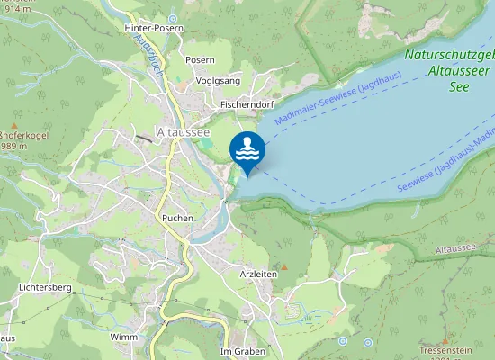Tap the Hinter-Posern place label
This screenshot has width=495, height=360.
[x=154, y=29]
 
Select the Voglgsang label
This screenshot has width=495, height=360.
[x=219, y=80]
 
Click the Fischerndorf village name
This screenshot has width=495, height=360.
[x=246, y=104]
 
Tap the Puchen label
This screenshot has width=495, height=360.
[x=177, y=218]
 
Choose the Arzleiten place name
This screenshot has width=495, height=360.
[x=258, y=273]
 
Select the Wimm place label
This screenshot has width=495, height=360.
[x=123, y=337]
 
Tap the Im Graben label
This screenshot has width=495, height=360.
[x=242, y=351]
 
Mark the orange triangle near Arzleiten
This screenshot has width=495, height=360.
[x=283, y=266]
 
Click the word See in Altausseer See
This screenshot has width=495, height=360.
[x=460, y=88]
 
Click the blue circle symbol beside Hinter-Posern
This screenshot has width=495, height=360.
[x=172, y=18]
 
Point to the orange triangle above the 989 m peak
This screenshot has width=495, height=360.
[x=14, y=125]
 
